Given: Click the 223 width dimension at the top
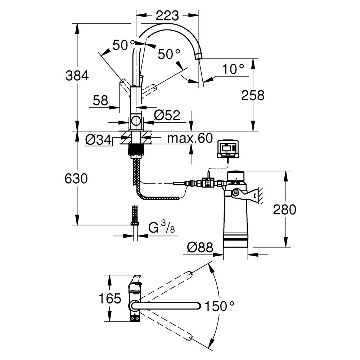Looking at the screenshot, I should (x=167, y=15).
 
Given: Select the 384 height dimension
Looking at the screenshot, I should (x=77, y=76).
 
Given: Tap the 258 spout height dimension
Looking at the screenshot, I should (x=253, y=95).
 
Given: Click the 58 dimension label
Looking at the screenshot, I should (x=100, y=100).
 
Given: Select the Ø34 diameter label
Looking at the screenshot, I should (x=98, y=139).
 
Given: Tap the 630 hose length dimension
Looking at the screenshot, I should (x=76, y=179).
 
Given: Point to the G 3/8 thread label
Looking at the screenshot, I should (x=162, y=228).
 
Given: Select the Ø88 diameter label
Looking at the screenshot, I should (x=200, y=247).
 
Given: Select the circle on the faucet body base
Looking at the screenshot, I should (x=136, y=121).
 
